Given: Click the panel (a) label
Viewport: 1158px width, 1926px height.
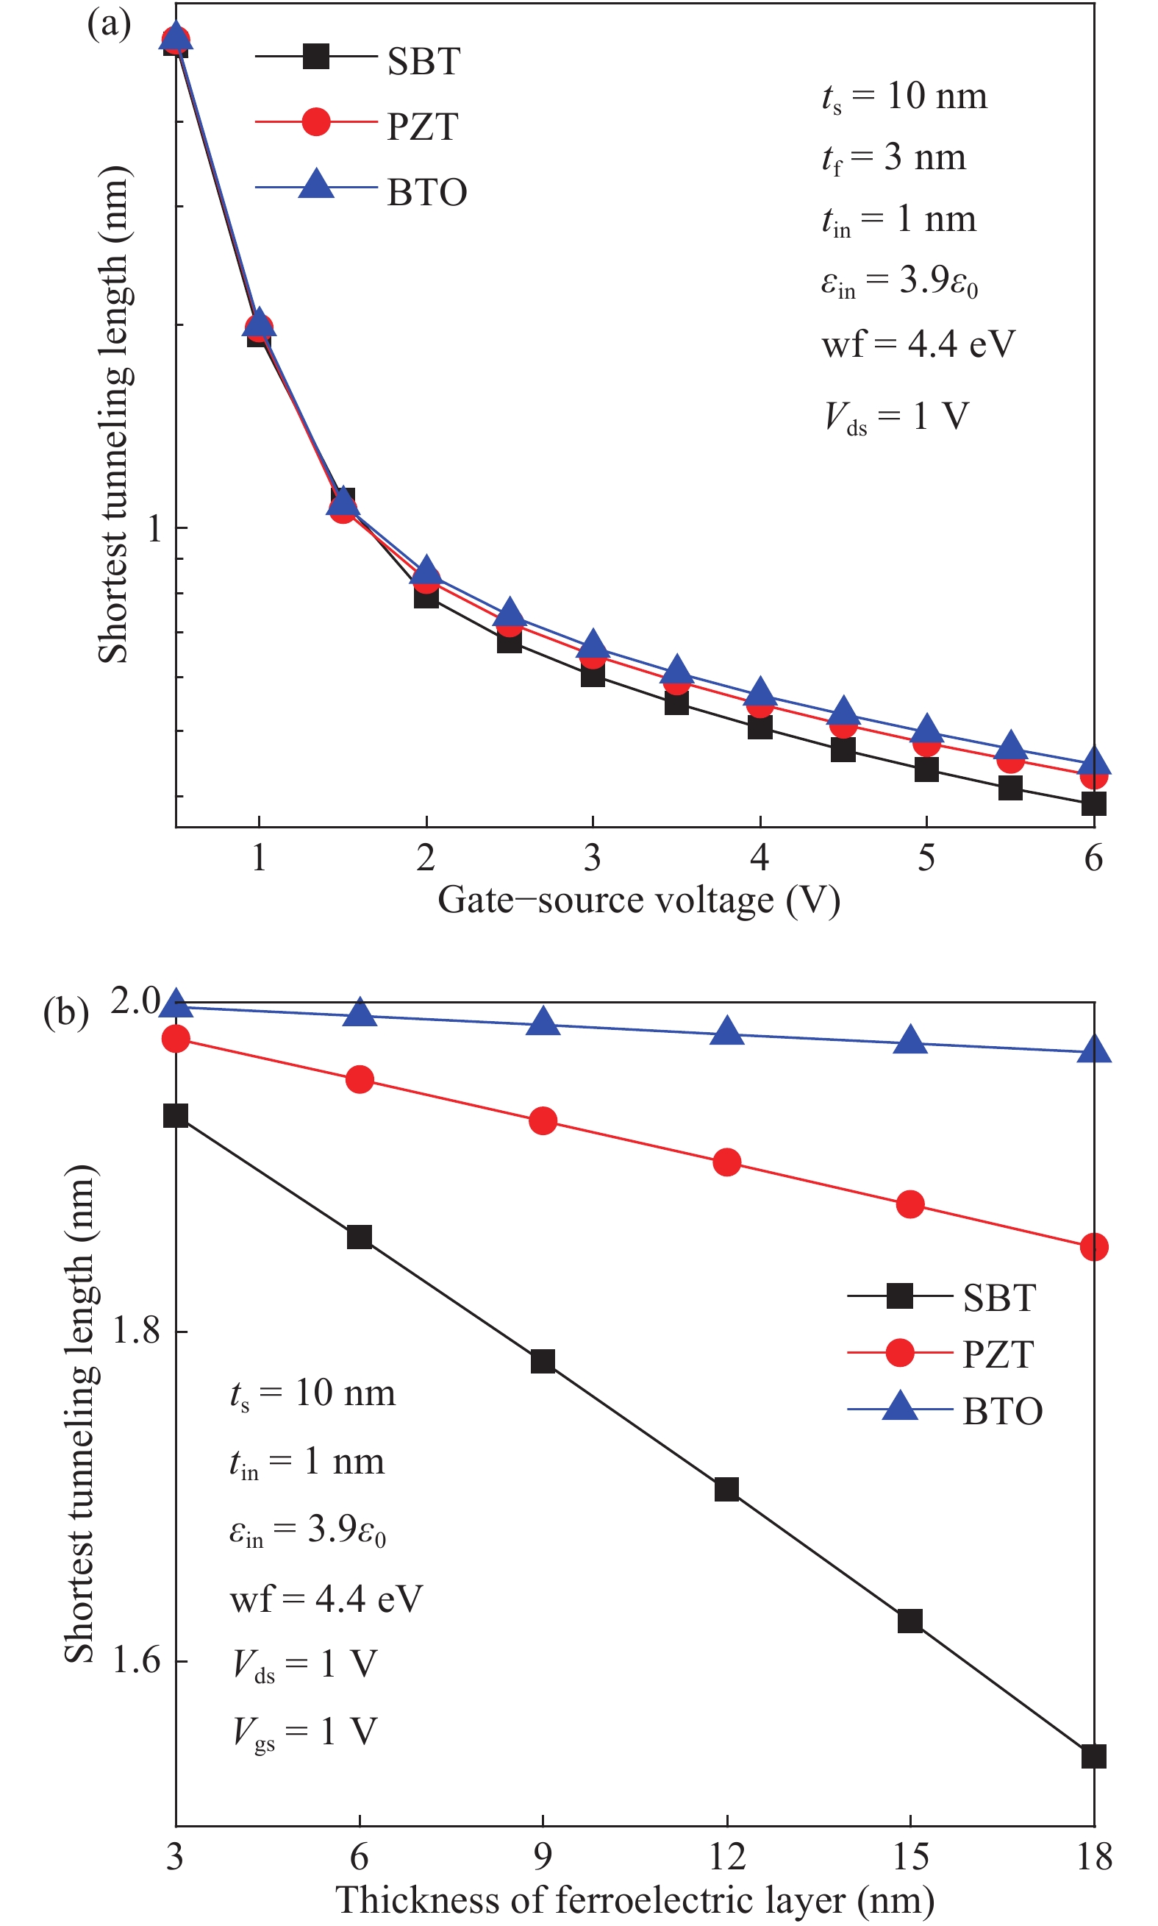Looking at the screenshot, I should click(109, 24).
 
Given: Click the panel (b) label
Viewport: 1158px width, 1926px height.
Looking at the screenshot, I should click(66, 1012).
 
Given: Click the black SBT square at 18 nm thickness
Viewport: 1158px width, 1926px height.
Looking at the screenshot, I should click(1093, 1756).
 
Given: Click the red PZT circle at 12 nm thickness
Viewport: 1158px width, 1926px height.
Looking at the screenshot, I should click(726, 1162).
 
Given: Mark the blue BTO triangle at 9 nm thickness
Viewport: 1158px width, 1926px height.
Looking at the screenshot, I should click(543, 1022).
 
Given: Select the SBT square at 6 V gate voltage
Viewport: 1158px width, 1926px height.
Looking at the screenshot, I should click(1093, 803).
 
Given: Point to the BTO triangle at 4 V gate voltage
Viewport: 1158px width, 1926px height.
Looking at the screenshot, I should click(760, 692).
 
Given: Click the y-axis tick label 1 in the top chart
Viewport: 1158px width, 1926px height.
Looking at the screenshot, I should click(155, 529).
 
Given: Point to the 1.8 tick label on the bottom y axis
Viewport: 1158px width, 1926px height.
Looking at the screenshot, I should click(137, 1329).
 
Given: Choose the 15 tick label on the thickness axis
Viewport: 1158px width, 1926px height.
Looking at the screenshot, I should click(910, 1855).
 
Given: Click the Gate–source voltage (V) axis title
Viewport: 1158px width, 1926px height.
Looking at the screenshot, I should click(638, 900).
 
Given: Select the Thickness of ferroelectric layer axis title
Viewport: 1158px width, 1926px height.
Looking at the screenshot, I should click(635, 1899).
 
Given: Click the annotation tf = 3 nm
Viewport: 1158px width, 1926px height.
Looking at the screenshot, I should click(893, 158).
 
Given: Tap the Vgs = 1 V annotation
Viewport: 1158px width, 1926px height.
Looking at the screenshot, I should click(304, 1732).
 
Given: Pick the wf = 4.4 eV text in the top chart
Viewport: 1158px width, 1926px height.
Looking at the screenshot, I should click(918, 344).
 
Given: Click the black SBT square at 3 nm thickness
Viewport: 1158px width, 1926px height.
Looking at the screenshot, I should click(176, 1115).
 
